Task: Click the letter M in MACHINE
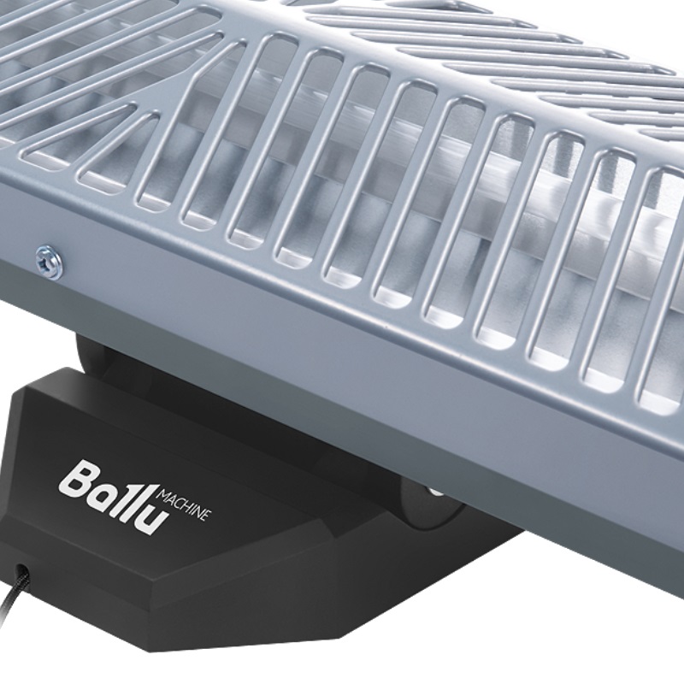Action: [163, 495]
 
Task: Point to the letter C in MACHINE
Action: [180, 503]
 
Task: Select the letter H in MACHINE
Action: [188, 507]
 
